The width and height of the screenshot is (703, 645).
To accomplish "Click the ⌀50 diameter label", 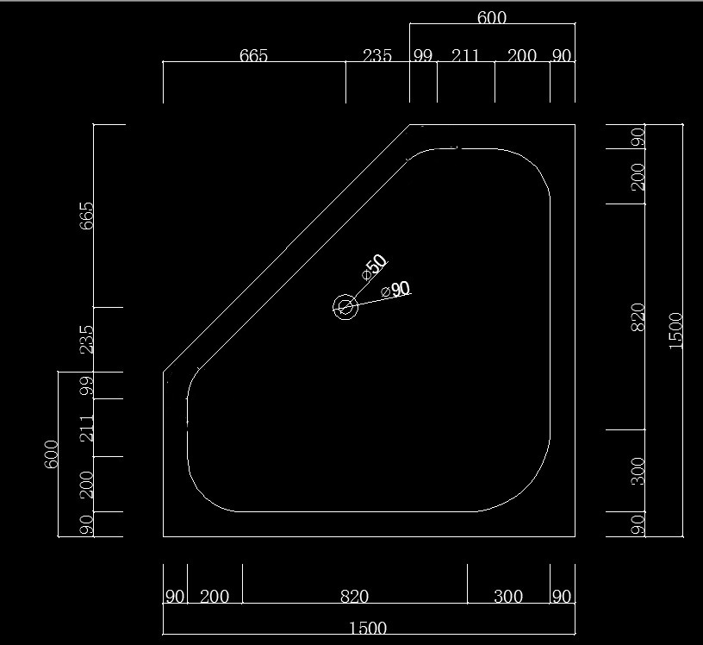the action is (375, 266).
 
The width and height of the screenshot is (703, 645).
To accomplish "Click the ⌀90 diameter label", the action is (396, 290).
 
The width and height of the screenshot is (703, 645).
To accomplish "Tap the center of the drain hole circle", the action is (345, 307).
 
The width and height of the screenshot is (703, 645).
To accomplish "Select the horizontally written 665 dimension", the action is (253, 55).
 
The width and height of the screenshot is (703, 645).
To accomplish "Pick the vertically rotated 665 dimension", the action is (86, 216).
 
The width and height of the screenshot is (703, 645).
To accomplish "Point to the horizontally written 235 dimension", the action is (377, 55).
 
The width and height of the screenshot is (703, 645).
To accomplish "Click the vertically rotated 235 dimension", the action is (86, 339).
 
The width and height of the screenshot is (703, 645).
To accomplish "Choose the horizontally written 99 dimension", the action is (422, 55).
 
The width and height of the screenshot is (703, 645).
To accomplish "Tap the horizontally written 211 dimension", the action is (465, 55).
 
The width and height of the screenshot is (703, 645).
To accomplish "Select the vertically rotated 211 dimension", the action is (86, 428).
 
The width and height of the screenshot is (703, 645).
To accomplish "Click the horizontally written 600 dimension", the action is (491, 17).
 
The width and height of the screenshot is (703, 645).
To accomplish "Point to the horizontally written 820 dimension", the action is (354, 596).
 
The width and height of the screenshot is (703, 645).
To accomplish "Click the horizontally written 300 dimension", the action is (508, 596).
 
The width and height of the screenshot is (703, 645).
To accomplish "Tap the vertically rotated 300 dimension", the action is (638, 471).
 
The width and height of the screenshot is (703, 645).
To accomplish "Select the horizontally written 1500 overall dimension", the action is (369, 628).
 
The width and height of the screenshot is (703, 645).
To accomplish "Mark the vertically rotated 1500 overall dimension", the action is (675, 329).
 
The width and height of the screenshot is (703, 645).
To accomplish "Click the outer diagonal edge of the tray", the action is (287, 248).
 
